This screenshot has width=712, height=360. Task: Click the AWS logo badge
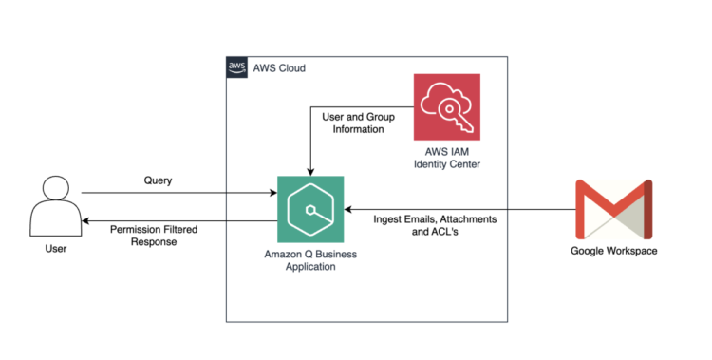point(236,67)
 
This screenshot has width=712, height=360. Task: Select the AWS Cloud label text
point(279,68)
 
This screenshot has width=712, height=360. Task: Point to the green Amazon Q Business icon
point(310,209)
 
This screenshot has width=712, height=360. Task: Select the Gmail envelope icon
point(613,209)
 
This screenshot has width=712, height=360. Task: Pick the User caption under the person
point(54,250)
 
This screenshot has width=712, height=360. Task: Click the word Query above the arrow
point(158,180)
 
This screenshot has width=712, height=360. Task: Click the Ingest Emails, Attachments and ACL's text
point(435,226)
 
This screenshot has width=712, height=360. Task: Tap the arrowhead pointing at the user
point(85,220)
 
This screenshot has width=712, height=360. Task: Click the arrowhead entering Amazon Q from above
point(310,171)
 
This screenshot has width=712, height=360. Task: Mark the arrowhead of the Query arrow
point(272,193)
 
